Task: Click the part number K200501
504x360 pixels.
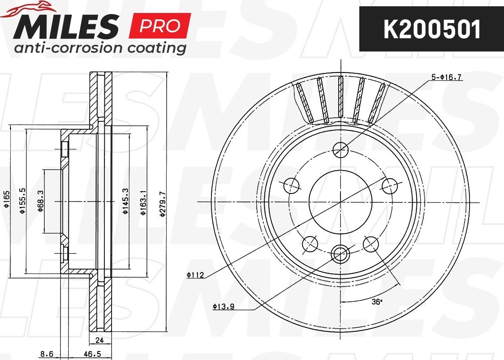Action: point(432,29)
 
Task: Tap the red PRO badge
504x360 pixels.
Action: point(160,26)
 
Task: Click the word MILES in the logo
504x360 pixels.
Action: point(66,26)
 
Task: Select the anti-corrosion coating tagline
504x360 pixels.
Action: point(100,48)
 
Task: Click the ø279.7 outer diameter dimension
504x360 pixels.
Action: point(163,204)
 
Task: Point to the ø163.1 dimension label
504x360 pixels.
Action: point(143,202)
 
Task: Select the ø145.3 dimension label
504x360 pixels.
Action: point(125,201)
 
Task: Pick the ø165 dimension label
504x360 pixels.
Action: point(6,199)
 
